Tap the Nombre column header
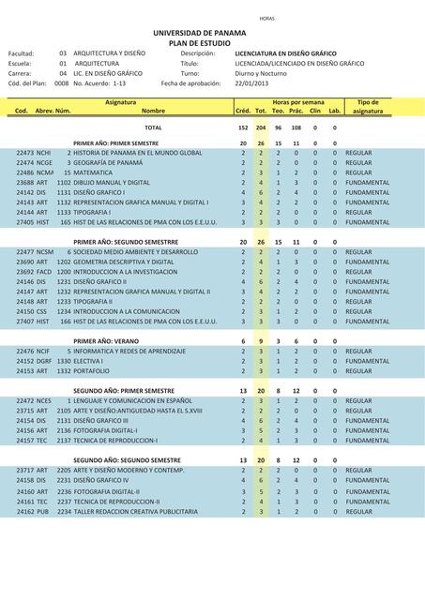[x=153, y=111]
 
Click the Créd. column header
[x=242, y=111]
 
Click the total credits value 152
[x=243, y=127]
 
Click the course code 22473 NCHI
[x=34, y=152]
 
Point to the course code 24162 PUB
[x=33, y=512]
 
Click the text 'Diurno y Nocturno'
[x=261, y=72]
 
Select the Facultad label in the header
[x=22, y=53]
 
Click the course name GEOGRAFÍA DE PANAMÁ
[x=108, y=162]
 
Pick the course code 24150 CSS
[x=33, y=312]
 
